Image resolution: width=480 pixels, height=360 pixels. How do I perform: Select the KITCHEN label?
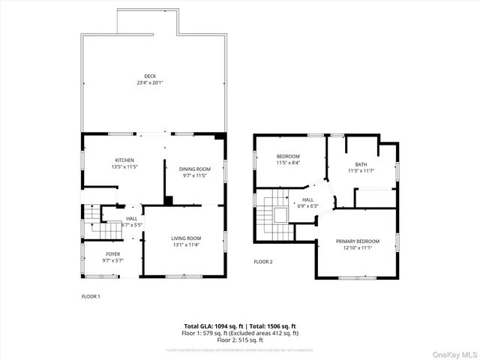click(124, 160)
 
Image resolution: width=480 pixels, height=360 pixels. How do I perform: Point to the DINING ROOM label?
click(194, 169)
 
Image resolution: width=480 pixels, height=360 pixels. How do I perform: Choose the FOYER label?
click(112, 254)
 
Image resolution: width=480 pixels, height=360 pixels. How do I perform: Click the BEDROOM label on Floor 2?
click(288, 156)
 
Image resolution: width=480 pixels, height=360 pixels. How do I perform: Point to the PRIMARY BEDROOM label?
click(358, 241)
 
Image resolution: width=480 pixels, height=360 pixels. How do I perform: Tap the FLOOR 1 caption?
click(91, 296)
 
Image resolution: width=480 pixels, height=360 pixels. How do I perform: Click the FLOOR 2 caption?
click(263, 262)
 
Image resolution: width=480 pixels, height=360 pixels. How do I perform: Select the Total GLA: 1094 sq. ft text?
click(213, 326)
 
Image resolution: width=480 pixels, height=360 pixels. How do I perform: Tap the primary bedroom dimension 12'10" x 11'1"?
click(358, 247)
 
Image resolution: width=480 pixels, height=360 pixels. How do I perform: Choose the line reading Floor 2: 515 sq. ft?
click(240, 340)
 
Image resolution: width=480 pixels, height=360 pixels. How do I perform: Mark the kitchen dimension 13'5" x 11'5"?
click(124, 167)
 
